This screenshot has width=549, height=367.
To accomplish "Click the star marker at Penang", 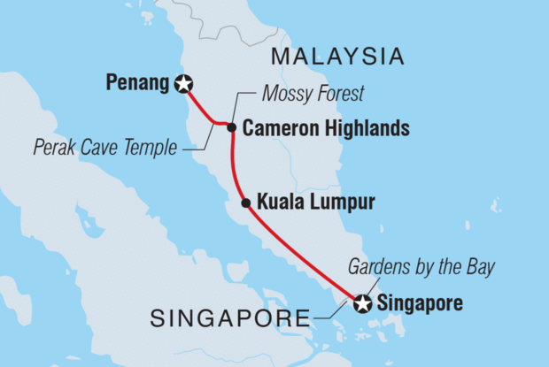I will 184,85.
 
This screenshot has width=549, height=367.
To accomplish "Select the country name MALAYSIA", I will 337,57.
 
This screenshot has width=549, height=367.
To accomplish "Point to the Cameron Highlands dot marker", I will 231,128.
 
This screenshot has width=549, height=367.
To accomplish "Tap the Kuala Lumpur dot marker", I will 246,203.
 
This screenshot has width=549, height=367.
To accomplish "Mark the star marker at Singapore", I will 362,304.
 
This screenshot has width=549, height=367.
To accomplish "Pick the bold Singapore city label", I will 420,304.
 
